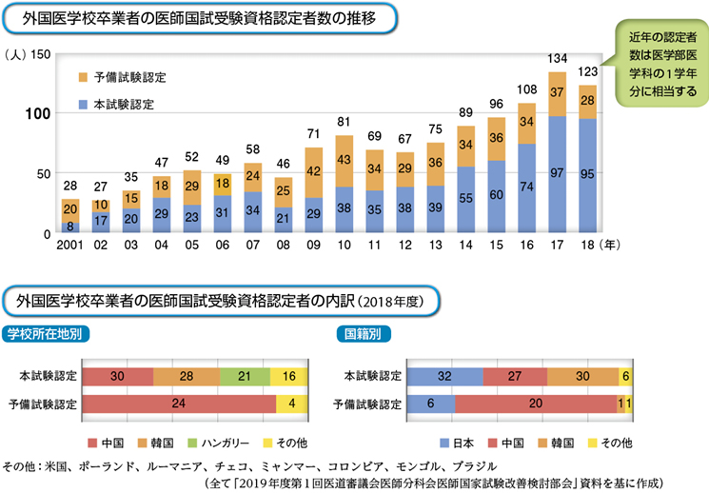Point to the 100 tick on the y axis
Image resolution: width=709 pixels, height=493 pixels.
pos(36,114)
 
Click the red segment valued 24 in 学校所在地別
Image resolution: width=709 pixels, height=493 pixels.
pos(180,403)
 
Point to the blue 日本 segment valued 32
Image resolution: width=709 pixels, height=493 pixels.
pos(445,375)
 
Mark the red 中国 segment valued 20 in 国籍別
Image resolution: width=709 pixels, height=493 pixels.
pos(536,403)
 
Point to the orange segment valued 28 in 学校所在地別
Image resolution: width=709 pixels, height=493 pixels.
pos(187,375)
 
